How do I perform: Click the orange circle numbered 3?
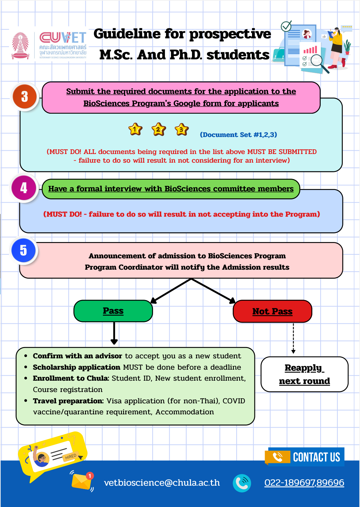click(24, 97)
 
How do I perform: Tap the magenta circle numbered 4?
click(24, 188)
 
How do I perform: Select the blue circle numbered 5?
click(23, 250)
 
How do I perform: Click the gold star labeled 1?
click(135, 129)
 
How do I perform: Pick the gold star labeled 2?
click(158, 129)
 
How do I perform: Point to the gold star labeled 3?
click(182, 129)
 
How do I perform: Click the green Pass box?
click(113, 311)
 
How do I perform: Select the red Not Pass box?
click(272, 311)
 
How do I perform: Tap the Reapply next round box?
click(304, 374)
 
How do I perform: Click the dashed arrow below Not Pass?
click(293, 338)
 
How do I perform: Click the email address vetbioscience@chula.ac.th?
click(162, 482)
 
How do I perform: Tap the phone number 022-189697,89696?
click(304, 483)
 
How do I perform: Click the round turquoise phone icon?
click(242, 483)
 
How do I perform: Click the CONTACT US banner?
click(305, 457)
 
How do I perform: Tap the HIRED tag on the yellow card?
click(71, 457)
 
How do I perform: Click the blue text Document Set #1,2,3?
click(238, 135)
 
